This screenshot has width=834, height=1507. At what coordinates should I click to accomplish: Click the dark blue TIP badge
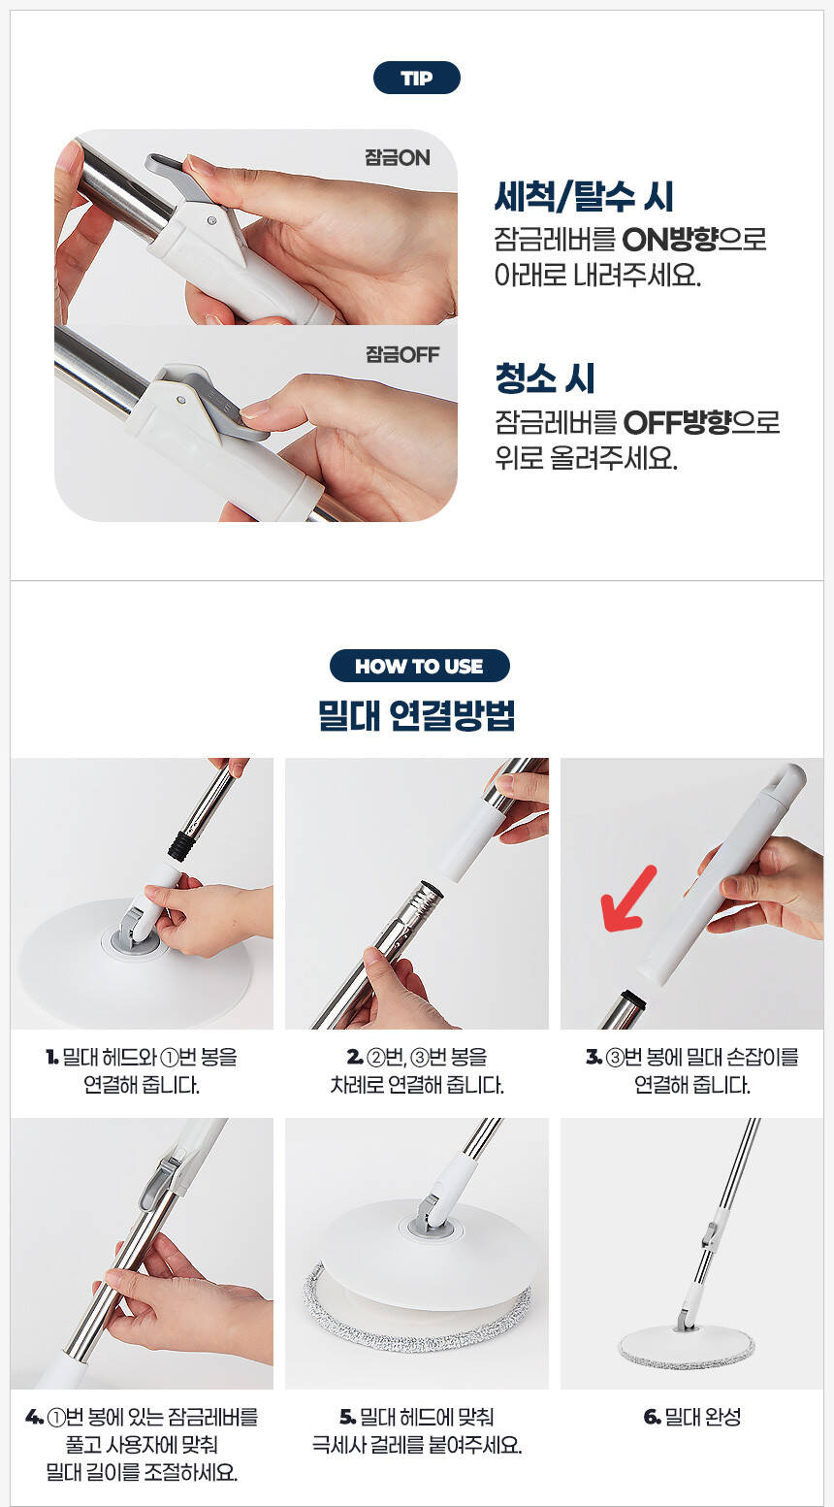coord(416,78)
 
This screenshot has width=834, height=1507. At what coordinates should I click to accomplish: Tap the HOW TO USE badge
coord(419,666)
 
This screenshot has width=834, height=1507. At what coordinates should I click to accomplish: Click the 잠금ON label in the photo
coord(397,157)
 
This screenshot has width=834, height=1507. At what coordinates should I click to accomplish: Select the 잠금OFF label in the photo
coord(402,354)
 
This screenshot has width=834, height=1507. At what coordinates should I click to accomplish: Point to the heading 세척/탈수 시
coord(584,196)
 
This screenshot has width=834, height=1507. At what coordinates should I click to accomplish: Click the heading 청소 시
coord(545,378)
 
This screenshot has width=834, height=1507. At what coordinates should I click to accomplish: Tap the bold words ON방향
coord(670,239)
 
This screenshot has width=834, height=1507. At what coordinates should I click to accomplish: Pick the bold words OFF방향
coord(677,422)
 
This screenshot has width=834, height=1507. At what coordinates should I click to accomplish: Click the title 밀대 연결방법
coord(417,715)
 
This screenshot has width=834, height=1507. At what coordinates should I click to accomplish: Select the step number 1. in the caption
coord(51,1057)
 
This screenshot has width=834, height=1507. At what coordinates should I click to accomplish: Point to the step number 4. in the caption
coord(34,1418)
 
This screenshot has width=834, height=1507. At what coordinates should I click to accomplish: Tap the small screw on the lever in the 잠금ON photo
coord(211,220)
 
